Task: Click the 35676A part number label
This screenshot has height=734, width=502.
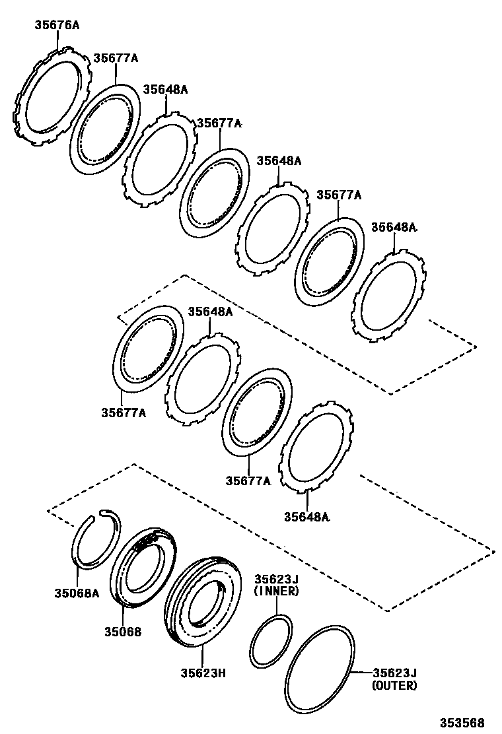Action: coord(57,26)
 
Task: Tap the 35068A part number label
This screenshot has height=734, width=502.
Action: coord(76,592)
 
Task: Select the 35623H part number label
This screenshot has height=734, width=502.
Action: coord(203,673)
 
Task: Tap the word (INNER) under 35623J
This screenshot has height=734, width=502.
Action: coord(277,591)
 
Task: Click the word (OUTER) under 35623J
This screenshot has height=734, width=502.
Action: coord(394,685)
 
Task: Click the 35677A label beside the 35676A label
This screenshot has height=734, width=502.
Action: coord(115,58)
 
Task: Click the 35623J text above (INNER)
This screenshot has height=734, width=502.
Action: coord(277,579)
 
